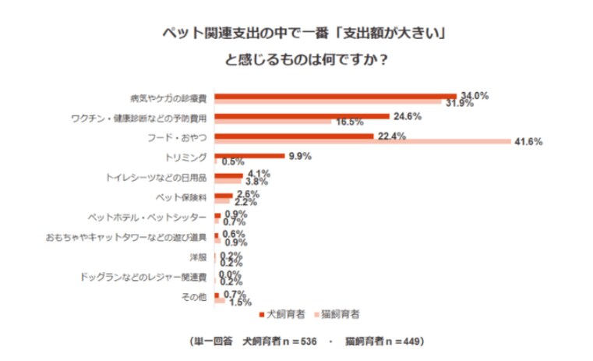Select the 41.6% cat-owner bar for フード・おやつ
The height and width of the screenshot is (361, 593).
[362, 141]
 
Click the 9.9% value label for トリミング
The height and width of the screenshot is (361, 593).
[300, 156]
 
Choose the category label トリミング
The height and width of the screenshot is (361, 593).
[188, 157]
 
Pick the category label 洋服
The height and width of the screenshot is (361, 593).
[198, 257]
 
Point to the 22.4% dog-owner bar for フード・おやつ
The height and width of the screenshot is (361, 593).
[294, 136]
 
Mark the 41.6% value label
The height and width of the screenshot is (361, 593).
[528, 142]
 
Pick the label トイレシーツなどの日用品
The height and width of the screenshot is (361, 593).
[156, 177]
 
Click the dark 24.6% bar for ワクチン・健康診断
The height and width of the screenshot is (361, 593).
[302, 115]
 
